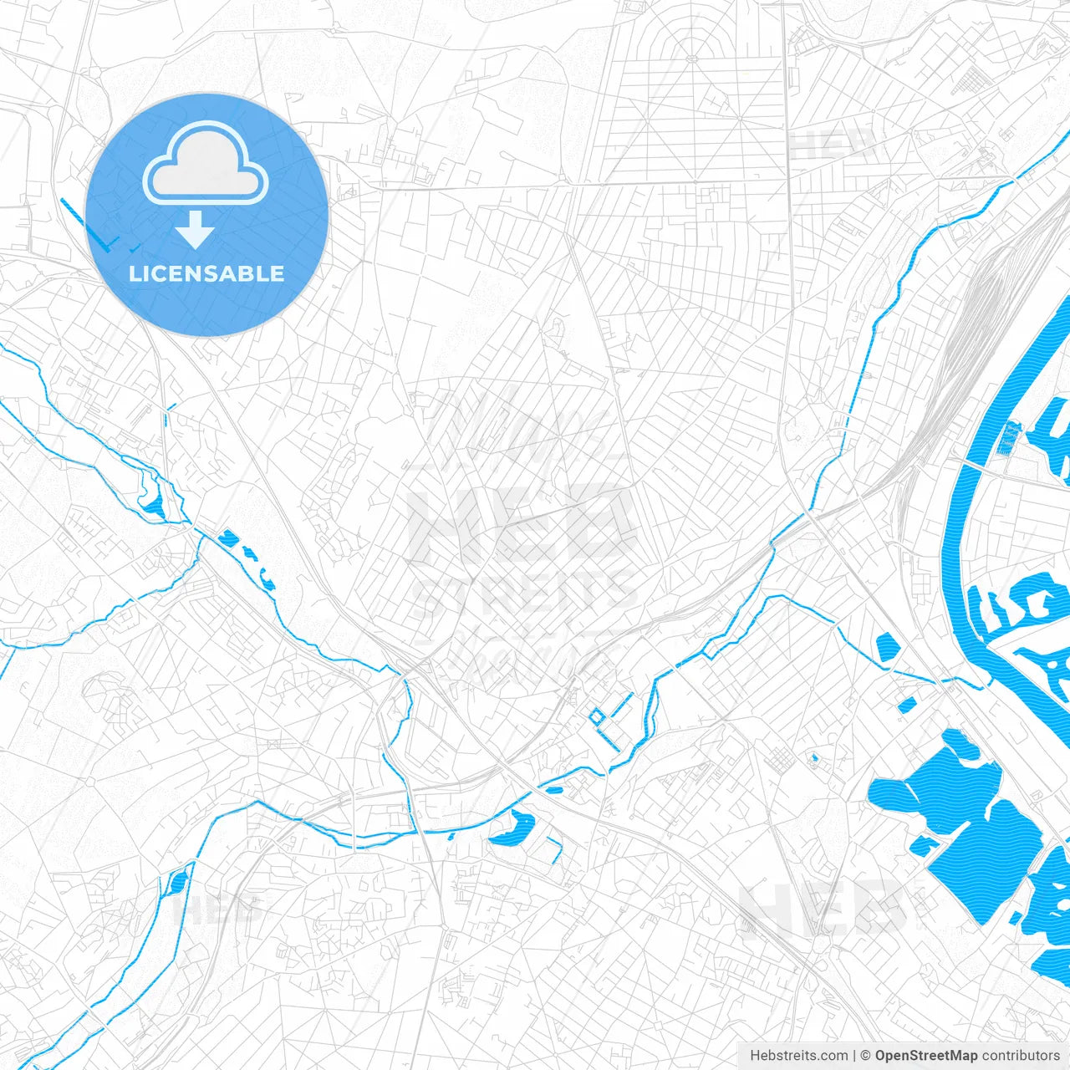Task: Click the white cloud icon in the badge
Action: (205, 163)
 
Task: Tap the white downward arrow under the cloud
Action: (196, 230)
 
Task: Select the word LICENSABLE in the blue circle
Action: (206, 273)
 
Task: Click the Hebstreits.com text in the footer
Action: (798, 1056)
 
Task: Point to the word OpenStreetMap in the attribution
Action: (925, 1056)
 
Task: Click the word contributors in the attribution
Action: (1022, 1056)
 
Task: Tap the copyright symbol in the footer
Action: (865, 1056)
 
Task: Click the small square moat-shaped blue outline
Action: (597, 716)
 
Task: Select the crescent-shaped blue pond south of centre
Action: (512, 828)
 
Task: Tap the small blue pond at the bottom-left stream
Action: (178, 882)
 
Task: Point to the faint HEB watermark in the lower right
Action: (823, 907)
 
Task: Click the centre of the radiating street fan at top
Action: (692, 59)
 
